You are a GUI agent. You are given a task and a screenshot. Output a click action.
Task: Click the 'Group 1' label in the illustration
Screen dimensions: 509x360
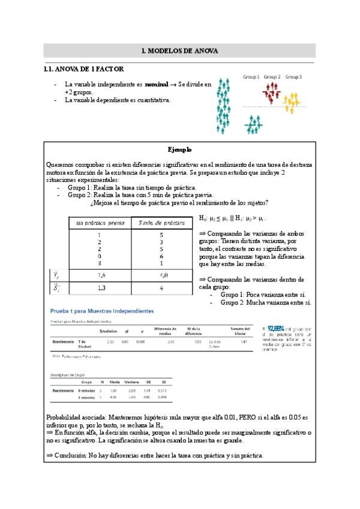(x=251, y=77)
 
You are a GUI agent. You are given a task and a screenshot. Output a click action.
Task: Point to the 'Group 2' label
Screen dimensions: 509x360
(x=272, y=77)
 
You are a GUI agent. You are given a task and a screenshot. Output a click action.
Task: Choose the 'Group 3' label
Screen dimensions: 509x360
(x=293, y=77)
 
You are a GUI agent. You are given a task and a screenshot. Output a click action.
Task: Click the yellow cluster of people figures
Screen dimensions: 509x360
(x=291, y=102)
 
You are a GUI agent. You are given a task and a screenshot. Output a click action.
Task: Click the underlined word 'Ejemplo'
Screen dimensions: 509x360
(x=179, y=149)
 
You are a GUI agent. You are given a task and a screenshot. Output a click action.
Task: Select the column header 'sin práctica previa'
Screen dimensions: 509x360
(x=100, y=223)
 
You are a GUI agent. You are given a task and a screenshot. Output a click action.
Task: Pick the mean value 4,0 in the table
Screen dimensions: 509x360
(x=161, y=276)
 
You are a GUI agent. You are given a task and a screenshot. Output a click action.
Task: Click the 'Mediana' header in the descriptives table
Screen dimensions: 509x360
(x=132, y=382)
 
